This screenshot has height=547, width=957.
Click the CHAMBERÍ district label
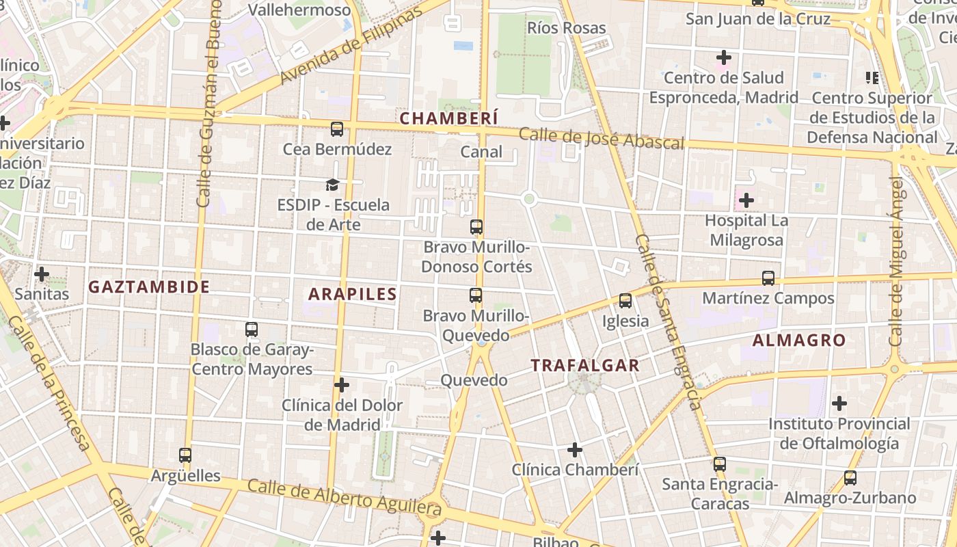tap(448, 118)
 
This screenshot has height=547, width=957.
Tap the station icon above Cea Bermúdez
tap(336, 129)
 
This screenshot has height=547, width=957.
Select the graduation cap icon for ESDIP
tap(332, 185)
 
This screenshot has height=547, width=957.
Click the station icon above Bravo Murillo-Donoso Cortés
tap(476, 227)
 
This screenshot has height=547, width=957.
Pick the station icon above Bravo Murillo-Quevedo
tap(476, 295)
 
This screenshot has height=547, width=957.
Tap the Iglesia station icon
tap(625, 301)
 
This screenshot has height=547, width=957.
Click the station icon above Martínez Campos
tap(768, 278)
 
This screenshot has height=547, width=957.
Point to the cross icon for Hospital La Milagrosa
tap(746, 200)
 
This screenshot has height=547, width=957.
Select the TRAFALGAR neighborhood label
tap(585, 366)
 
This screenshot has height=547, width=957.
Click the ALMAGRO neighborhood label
tap(799, 340)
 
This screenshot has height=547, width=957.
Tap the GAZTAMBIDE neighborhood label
tap(149, 287)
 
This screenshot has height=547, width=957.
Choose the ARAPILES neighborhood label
tap(352, 295)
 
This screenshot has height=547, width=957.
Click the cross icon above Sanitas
tap(42, 274)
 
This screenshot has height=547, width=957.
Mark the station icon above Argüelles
tap(185, 455)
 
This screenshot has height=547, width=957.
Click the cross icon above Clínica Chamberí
tap(575, 450)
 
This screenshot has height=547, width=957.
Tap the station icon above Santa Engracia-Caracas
tap(719, 464)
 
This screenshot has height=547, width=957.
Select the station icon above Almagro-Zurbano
tap(850, 478)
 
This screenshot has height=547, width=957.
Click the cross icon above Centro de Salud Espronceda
tap(723, 57)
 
